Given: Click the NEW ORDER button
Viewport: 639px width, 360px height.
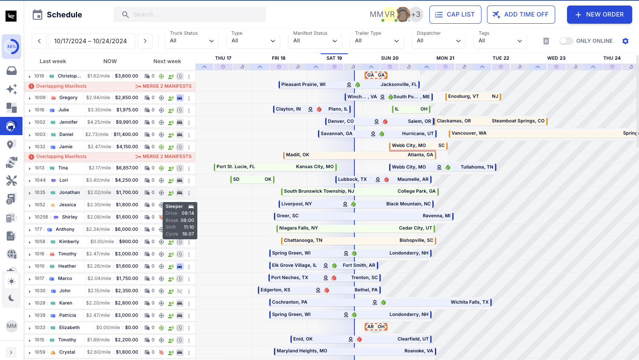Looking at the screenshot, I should point(599,14).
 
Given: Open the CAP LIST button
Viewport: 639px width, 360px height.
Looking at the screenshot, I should point(455,14).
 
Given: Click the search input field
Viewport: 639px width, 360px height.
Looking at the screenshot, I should point(195,14).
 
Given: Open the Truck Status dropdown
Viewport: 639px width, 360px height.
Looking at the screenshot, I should point(192,41).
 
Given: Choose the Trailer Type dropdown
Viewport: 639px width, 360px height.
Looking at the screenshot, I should point(377,41).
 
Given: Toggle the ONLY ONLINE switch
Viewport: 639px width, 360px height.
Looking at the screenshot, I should point(566,41).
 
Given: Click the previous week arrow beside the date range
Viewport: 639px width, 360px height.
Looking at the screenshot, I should point(39,41).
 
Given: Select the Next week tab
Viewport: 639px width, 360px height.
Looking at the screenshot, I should point(167,61).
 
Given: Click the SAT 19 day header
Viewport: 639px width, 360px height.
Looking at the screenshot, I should point(334,58).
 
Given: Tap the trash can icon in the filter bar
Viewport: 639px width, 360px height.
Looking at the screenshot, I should point(546,41).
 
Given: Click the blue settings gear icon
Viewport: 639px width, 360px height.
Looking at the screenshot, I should point(625,41).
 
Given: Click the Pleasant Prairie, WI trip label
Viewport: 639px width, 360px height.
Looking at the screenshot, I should point(303,85).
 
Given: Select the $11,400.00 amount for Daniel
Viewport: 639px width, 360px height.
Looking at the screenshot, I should point(126,134).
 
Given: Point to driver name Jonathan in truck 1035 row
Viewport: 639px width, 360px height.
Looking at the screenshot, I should point(69,192).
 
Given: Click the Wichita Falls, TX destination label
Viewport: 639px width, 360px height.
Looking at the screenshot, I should point(469,302).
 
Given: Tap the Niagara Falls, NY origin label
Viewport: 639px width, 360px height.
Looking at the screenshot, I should point(298,228).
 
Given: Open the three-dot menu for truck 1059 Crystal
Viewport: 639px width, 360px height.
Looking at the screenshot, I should point(189,352).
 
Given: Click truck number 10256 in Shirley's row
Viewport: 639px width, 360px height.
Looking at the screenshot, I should point(41,217).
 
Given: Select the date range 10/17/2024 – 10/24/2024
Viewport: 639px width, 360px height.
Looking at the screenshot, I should point(91,41).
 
